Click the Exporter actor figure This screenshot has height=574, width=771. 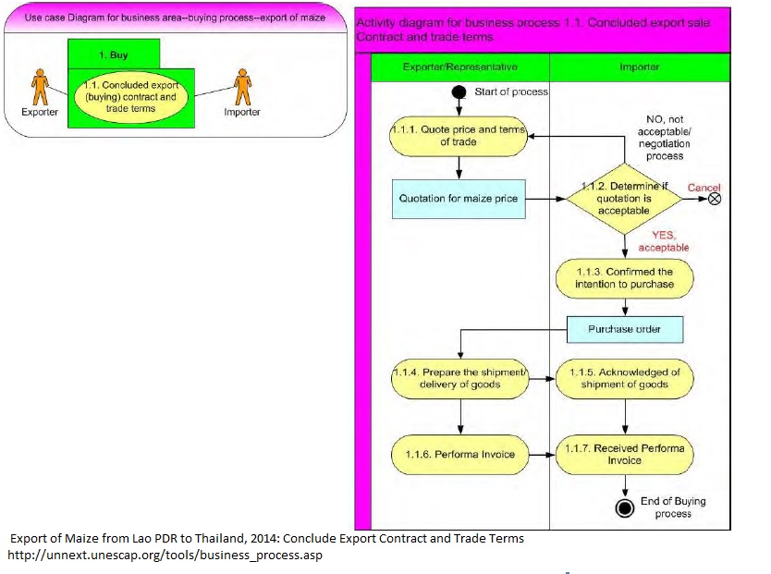39,89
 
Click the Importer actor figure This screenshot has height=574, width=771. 242,89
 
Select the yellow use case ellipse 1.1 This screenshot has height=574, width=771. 130,97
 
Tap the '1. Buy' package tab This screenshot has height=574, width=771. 114,55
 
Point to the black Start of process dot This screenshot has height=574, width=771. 458,92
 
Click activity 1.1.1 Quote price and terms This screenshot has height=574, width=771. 459,135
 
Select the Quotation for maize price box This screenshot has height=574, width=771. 459,199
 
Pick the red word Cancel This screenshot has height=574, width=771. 704,188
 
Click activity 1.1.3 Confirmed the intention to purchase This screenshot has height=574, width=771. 625,278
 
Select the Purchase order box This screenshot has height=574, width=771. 625,329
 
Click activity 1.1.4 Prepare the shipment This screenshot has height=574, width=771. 459,379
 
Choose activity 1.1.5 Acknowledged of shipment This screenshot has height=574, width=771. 625,379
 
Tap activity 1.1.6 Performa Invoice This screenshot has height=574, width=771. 459,454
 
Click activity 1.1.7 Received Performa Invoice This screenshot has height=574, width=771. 625,454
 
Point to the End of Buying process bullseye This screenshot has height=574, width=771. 626,507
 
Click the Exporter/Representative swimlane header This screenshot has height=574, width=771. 460,67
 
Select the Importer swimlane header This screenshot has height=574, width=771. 640,67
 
